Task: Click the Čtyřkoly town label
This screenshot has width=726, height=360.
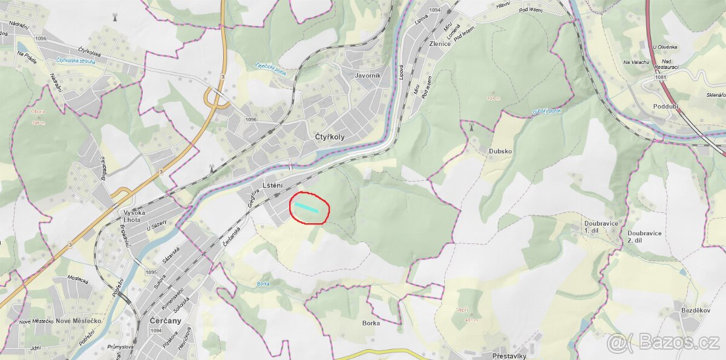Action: tap(330, 137)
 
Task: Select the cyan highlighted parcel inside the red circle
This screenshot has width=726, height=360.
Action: tap(307, 208)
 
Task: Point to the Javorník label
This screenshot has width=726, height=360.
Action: tap(368, 76)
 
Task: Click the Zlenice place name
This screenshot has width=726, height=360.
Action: tap(439, 44)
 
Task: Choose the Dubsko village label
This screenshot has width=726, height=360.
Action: tap(500, 152)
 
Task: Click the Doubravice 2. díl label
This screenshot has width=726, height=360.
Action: tap(644, 237)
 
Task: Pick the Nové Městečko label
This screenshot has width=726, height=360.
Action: tap(78, 321)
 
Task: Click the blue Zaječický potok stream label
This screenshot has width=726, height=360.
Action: tap(270, 68)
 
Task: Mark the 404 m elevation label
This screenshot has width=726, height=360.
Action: tap(494, 97)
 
